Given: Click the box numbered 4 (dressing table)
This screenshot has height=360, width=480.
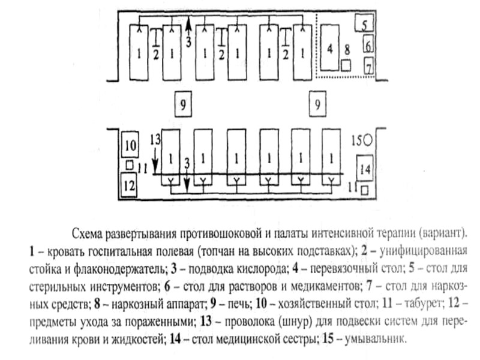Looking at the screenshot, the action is click(x=329, y=49).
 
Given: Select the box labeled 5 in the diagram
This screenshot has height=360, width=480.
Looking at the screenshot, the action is click(x=364, y=24).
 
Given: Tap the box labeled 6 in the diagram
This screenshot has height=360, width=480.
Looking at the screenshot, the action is click(x=368, y=44).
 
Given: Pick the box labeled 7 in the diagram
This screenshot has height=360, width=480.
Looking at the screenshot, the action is click(x=368, y=64).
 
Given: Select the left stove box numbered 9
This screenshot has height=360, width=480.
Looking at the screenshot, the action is click(x=184, y=104).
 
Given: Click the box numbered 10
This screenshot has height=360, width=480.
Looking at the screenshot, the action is click(x=130, y=145).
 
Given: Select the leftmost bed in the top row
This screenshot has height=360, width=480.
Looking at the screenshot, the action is click(x=139, y=53).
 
